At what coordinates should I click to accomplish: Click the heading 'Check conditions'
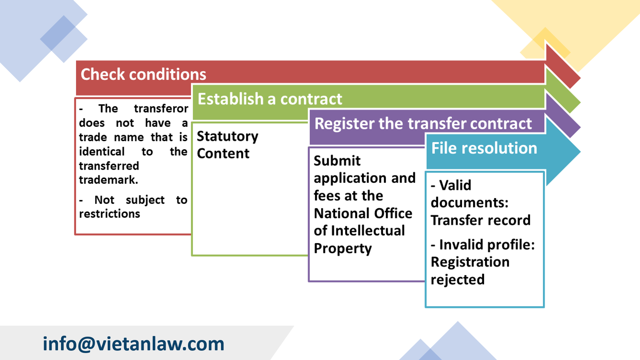pos(143,74)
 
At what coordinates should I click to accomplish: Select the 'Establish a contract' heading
pos(270,99)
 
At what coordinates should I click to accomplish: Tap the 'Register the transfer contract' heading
pos(423,123)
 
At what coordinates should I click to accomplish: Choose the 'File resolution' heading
pos(484,148)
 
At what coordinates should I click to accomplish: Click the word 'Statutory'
pos(227,136)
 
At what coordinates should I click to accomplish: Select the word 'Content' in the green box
pos(223,154)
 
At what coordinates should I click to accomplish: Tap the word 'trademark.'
pos(108,180)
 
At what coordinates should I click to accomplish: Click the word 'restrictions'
pos(109,214)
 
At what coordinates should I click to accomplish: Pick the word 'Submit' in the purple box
pos(337,161)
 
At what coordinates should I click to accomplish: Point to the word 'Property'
pos(343,248)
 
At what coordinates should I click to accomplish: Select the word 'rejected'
pos(457,280)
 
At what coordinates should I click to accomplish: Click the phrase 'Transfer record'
pos(480,220)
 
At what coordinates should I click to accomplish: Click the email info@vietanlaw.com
pos(133,344)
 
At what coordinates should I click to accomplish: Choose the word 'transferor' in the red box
pos(161,109)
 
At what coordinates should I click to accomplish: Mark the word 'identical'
pos(102,152)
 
